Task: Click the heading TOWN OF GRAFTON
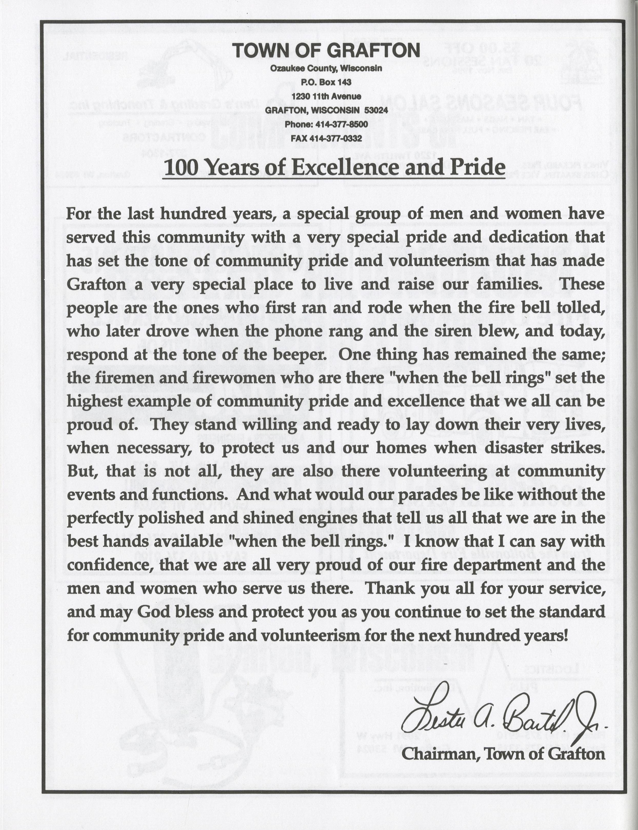point(326,51)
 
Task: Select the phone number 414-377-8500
point(339,124)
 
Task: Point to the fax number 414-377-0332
point(336,138)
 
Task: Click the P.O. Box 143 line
point(326,82)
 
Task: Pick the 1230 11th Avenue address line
point(326,96)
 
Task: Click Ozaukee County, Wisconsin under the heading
point(326,68)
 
